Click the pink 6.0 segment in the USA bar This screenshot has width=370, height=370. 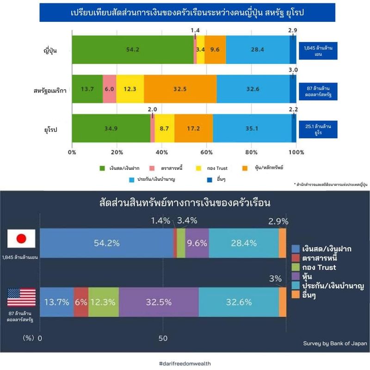[110, 89]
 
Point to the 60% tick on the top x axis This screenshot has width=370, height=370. [206, 152]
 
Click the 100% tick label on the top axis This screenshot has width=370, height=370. [296, 152]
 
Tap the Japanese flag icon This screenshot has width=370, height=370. [21, 239]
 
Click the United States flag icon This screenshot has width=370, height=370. [21, 297]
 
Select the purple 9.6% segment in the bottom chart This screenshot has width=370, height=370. [197, 242]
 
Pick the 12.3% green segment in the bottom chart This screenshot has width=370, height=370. [103, 302]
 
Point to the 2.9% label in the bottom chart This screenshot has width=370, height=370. [278, 221]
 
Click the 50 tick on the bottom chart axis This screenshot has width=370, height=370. [163, 338]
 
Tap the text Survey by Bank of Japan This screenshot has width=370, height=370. [335, 343]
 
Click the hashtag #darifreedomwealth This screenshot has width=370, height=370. [185, 364]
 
